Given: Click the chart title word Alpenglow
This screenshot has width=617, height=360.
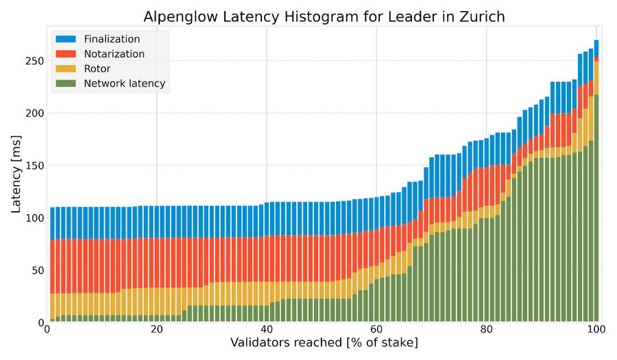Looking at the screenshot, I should pyautogui.click(x=176, y=16).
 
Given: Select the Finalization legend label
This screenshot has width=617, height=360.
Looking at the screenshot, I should pyautogui.click(x=112, y=39).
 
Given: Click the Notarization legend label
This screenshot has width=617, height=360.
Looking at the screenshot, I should pyautogui.click(x=114, y=53).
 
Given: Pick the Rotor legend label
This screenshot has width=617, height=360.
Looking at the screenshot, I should pyautogui.click(x=97, y=69).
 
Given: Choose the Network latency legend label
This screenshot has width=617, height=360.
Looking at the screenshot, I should pyautogui.click(x=124, y=84).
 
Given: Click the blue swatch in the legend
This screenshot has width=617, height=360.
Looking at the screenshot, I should pyautogui.click(x=66, y=39).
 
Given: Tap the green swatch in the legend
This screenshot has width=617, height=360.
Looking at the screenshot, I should pyautogui.click(x=66, y=84).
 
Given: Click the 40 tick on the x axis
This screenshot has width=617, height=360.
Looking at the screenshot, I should pyautogui.click(x=267, y=329).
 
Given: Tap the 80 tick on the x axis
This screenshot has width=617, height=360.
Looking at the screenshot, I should pyautogui.click(x=486, y=329).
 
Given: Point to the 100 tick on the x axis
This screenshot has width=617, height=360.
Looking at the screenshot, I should pyautogui.click(x=596, y=329).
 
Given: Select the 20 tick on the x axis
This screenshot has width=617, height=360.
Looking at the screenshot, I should pyautogui.click(x=156, y=329).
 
